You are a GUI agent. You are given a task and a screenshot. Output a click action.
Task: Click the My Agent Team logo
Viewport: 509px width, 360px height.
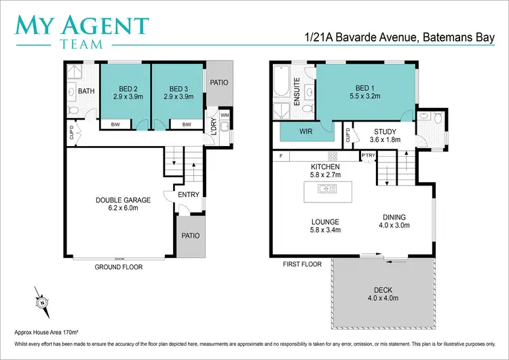[x=82, y=31]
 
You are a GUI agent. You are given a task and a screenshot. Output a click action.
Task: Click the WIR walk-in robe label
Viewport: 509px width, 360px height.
[x=305, y=131]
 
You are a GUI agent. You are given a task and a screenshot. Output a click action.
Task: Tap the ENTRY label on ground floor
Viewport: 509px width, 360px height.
[x=189, y=195]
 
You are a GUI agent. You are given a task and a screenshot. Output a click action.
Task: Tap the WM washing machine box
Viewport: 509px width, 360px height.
[x=225, y=115]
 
